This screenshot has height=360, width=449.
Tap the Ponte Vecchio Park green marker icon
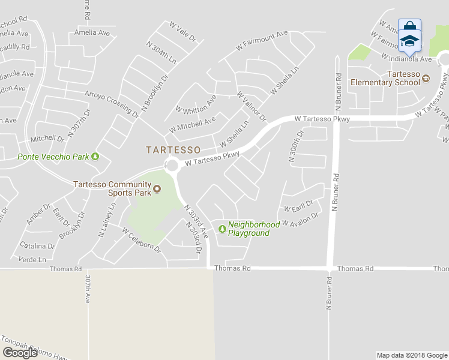point(95,157)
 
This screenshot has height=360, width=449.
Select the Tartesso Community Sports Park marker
point(157,190)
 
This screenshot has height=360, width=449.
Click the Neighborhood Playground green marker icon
point(222,228)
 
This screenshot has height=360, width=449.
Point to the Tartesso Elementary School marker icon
point(426,78)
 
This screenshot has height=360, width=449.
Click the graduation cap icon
point(409,40)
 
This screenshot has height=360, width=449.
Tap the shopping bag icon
point(409,26)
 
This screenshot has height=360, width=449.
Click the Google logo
point(20,352)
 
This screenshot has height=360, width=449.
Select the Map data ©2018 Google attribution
point(412,355)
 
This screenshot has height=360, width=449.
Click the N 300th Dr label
point(293,146)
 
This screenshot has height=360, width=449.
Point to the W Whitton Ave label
point(196,104)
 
